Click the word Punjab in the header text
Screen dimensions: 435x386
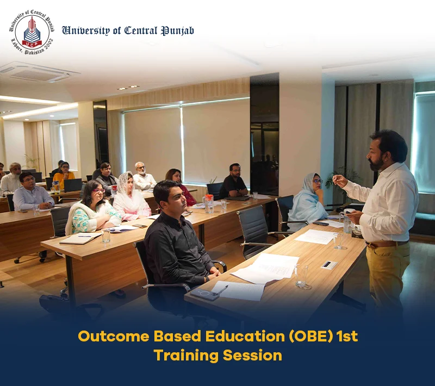[178, 31]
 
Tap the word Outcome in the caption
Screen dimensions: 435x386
[114, 337]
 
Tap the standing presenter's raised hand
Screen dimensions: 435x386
[339, 181]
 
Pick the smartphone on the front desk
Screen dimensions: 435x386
[202, 294]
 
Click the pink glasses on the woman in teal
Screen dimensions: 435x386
[99, 191]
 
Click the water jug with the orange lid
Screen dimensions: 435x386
[209, 204]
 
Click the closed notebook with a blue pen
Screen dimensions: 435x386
[80, 239]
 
